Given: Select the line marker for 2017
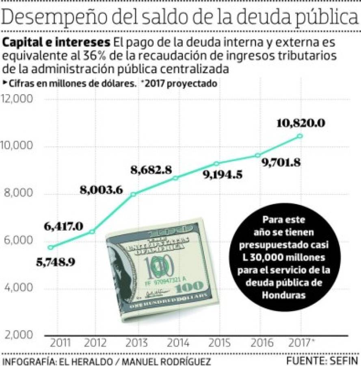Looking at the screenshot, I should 300,136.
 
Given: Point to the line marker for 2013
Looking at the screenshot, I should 133,194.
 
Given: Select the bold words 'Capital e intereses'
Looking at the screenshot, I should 56,43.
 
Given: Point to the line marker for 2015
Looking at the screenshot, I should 217,163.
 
